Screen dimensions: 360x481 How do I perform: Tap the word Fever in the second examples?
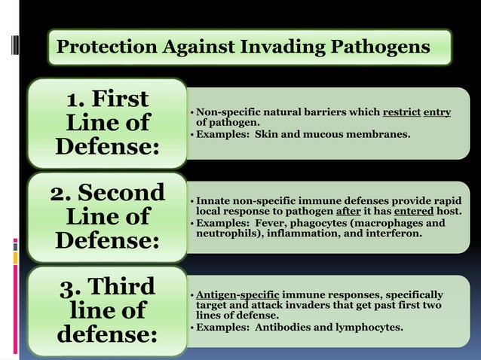point(269,223)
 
